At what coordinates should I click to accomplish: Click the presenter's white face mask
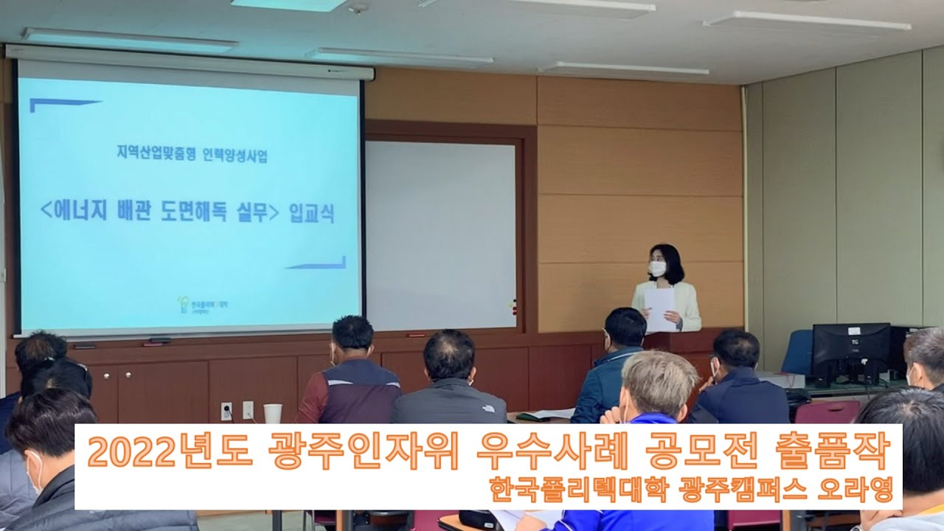(657, 268)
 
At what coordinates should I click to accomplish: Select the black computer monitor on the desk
(850, 352)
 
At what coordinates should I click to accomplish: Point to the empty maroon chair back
(827, 412)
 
